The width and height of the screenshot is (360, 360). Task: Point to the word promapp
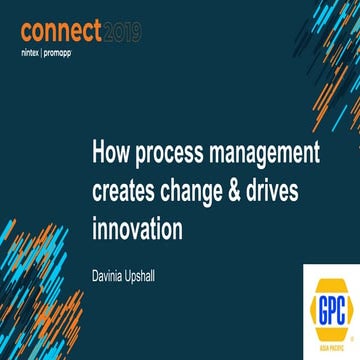point(74,49)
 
